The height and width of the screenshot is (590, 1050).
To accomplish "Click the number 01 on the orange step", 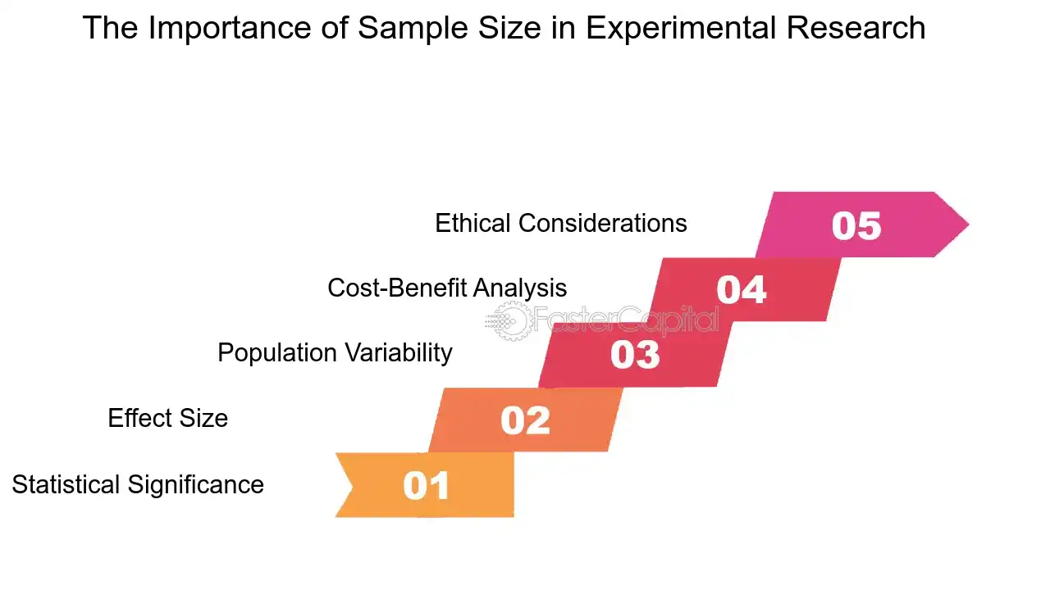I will click(427, 485).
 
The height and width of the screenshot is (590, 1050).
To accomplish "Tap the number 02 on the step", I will click(525, 420).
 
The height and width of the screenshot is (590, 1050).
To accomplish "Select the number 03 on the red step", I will click(635, 355).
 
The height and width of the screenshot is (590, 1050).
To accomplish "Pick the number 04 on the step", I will click(742, 289).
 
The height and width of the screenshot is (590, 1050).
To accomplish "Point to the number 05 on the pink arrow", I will click(856, 225).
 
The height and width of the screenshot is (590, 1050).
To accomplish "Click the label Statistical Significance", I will click(138, 484).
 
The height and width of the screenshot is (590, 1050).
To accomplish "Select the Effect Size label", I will click(167, 418).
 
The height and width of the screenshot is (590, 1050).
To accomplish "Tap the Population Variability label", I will click(335, 352).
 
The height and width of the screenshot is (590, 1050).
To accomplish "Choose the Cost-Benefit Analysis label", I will click(447, 288).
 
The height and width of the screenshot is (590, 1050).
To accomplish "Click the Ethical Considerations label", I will click(561, 223).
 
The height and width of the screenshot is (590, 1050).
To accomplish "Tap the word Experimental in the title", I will click(679, 29).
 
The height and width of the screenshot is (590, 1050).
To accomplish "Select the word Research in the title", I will click(856, 29).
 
